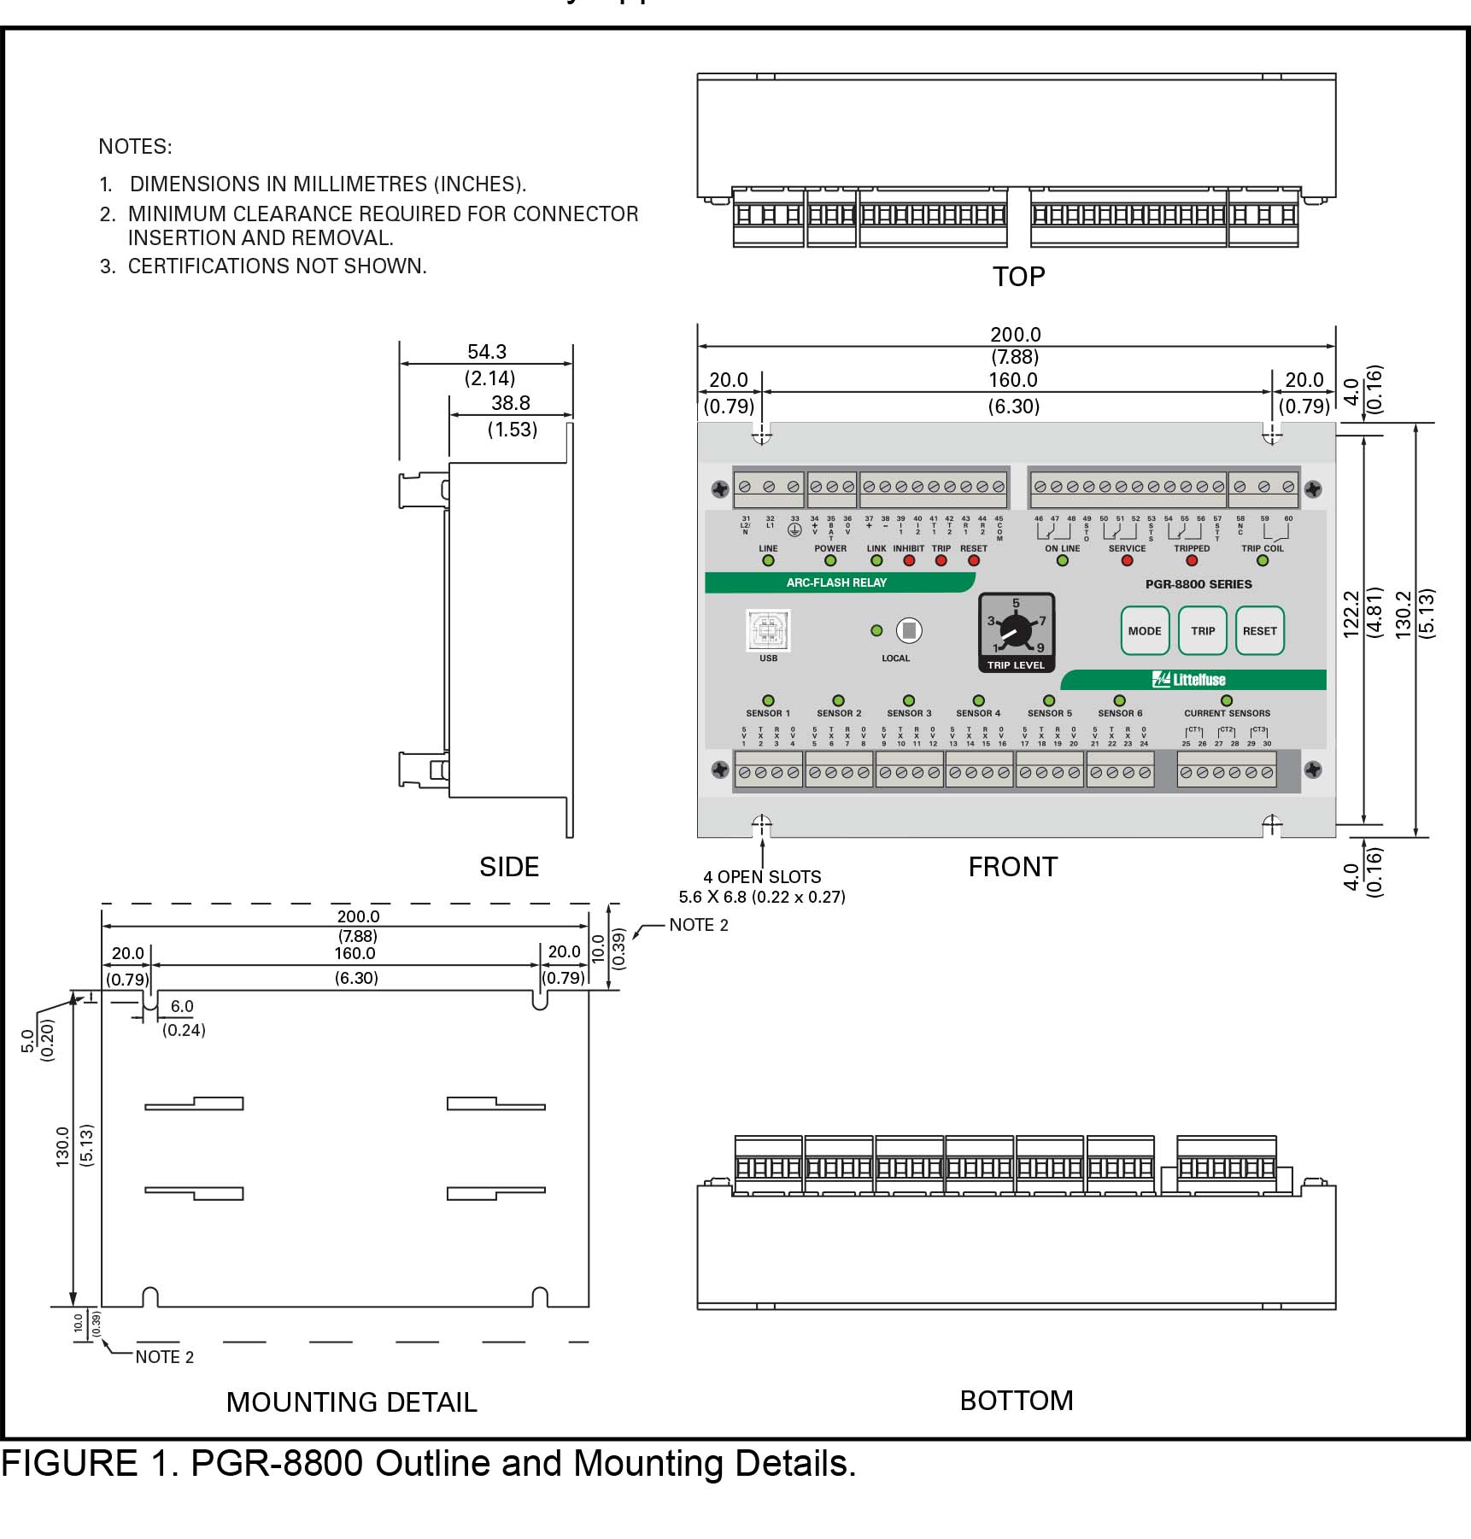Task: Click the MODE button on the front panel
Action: tap(1144, 631)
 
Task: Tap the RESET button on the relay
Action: tap(1259, 631)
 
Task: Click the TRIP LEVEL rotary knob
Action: tap(1016, 632)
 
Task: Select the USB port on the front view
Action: tap(768, 631)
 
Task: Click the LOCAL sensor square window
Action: tap(909, 631)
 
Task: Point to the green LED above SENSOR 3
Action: tap(909, 700)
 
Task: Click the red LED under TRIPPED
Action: tap(1192, 561)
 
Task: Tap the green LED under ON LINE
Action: tap(1063, 561)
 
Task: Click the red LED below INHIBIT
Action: tap(909, 561)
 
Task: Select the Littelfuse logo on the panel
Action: tap(1190, 680)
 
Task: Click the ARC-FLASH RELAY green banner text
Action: tap(836, 582)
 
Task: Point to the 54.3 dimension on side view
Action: tap(487, 352)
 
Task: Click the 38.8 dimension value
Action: tap(511, 403)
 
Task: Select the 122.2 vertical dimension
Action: tap(1351, 614)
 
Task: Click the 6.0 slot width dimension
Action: tap(182, 1007)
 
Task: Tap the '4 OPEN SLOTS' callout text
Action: tap(762, 877)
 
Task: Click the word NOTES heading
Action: tap(135, 147)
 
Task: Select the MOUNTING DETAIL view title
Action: tap(351, 1402)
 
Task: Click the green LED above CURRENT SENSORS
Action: tap(1227, 700)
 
